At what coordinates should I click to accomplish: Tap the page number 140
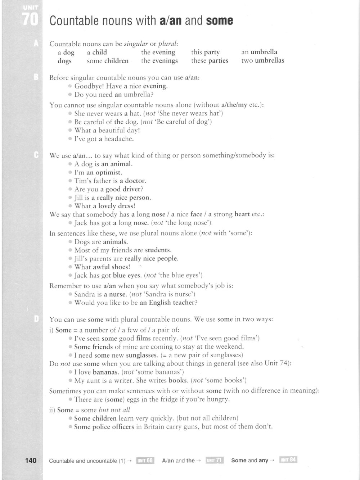tap(31, 460)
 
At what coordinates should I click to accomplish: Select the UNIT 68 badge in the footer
tap(145, 461)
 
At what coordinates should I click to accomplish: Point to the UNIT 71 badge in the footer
tap(215, 461)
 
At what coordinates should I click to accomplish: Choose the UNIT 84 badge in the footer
tap(288, 460)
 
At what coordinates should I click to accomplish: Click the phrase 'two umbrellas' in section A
tap(262, 60)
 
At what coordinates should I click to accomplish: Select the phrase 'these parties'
tap(210, 60)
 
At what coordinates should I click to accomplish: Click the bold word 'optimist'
tap(109, 172)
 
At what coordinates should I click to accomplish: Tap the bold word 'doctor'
tap(135, 181)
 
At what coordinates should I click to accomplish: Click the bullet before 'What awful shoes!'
tap(70, 267)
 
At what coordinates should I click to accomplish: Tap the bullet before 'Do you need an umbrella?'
tap(70, 95)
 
